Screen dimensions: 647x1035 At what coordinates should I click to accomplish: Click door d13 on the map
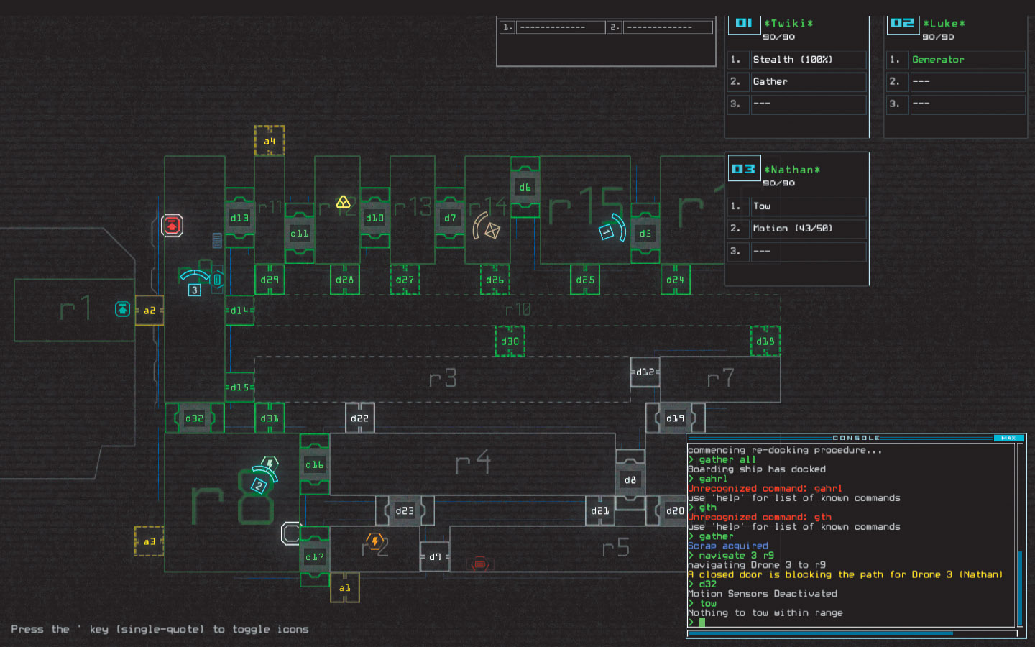pyautogui.click(x=239, y=218)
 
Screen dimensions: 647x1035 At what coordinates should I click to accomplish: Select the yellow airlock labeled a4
pyautogui.click(x=270, y=141)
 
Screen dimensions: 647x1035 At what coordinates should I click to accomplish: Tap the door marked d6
pyautogui.click(x=525, y=188)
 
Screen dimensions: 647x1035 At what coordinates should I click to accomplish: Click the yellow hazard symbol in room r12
pyautogui.click(x=344, y=203)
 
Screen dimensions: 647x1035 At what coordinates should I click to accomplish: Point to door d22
pyautogui.click(x=359, y=418)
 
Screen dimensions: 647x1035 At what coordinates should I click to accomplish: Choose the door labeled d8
pyautogui.click(x=630, y=479)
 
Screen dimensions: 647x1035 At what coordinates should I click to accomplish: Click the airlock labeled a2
pyautogui.click(x=149, y=311)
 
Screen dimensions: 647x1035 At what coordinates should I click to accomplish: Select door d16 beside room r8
pyautogui.click(x=315, y=464)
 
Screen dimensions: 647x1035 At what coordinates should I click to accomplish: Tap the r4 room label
pyautogui.click(x=472, y=462)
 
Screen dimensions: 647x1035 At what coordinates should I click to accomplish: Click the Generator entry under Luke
pyautogui.click(x=938, y=60)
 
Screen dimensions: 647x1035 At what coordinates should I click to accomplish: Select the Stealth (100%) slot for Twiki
pyautogui.click(x=792, y=60)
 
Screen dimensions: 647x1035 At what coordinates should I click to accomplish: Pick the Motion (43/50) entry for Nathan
pyautogui.click(x=792, y=229)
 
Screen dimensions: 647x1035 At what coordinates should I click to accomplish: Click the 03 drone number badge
pyautogui.click(x=744, y=169)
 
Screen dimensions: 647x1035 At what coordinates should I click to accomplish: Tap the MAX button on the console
pyautogui.click(x=1008, y=438)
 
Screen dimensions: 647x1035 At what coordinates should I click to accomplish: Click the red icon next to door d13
pyautogui.click(x=172, y=226)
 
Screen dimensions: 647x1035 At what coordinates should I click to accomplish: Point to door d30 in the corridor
pyautogui.click(x=510, y=341)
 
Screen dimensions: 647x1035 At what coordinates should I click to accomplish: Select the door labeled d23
pyautogui.click(x=405, y=510)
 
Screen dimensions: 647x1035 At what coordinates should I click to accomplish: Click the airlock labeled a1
pyautogui.click(x=345, y=588)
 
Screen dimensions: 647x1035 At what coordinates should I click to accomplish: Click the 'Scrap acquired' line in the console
pyautogui.click(x=727, y=546)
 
